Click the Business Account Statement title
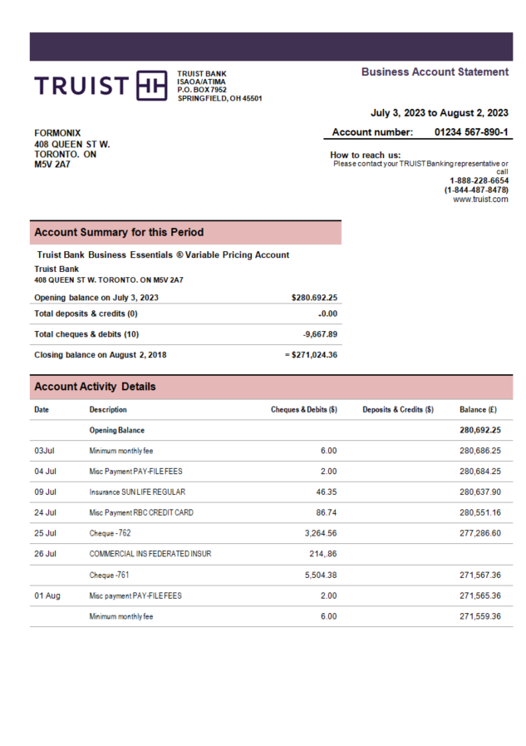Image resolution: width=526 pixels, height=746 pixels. [x=435, y=72]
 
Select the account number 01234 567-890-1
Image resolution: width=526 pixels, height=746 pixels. [x=471, y=132]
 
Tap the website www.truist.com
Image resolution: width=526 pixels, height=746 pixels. [x=480, y=200]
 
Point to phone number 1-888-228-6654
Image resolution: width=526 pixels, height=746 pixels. [x=479, y=180]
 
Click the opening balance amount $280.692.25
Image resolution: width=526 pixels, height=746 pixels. [x=314, y=297]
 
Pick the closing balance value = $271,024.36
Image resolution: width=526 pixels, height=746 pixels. [x=311, y=354]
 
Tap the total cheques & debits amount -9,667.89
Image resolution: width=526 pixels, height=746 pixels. [x=320, y=334]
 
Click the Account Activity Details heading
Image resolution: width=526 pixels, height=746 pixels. [x=95, y=387]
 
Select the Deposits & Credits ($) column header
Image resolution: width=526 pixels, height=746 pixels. [x=398, y=409]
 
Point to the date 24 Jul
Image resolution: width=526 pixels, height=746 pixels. [x=45, y=512]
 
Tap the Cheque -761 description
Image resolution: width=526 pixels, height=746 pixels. [x=109, y=575]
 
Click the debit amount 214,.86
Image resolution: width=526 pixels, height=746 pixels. [x=320, y=554]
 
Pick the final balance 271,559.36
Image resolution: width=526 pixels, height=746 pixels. [x=479, y=616]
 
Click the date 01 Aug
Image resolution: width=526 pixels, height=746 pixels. [x=47, y=595]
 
